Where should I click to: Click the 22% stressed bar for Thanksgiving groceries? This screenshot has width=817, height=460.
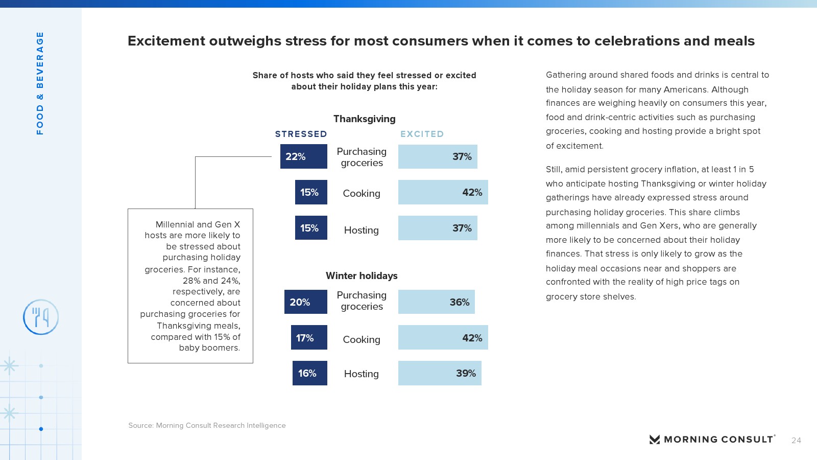[303, 156]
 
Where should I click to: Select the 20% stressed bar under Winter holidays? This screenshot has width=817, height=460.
[305, 302]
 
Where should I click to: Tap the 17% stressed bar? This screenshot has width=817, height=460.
[309, 337]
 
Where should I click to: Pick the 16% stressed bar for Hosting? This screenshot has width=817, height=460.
[309, 373]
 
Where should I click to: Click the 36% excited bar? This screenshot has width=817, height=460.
[436, 302]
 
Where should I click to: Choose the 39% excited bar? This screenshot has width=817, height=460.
[440, 373]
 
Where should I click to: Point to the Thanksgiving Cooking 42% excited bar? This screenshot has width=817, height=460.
[443, 192]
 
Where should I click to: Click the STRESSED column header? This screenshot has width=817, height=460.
[301, 134]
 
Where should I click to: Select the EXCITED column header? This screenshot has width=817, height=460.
[422, 134]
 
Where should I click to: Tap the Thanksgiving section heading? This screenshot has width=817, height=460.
[364, 119]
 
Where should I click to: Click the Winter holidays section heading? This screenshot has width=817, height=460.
[362, 275]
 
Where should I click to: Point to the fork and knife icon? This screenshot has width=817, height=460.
[41, 317]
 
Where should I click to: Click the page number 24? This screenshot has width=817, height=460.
[796, 440]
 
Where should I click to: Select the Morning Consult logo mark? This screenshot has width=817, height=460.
[654, 440]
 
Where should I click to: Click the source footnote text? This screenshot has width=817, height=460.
[207, 425]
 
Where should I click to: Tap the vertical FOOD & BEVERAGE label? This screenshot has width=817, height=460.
[40, 83]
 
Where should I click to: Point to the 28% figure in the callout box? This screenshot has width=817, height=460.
[191, 281]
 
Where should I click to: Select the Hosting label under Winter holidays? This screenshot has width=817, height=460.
[361, 374]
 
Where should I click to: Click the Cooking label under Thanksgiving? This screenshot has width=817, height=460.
[361, 193]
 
